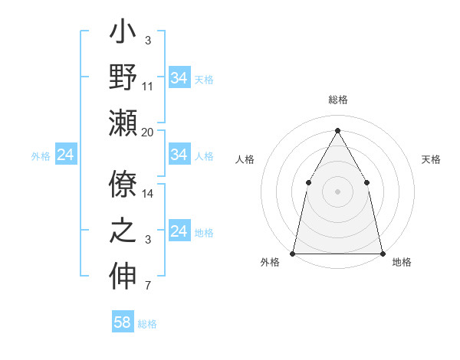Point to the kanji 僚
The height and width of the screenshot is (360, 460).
tap(123, 185)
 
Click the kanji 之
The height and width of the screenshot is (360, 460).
tap(123, 231)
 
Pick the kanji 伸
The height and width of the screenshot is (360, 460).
tap(123, 275)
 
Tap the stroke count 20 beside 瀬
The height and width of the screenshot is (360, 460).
tap(148, 132)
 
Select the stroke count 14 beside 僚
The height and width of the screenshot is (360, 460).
tap(148, 194)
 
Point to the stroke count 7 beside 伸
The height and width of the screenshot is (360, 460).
tap(148, 286)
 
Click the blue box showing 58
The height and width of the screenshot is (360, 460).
tap(123, 322)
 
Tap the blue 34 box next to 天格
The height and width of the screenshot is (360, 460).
tap(179, 78)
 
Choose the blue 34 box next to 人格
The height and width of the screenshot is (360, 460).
tap(179, 155)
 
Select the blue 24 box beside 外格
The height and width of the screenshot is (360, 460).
tap(66, 155)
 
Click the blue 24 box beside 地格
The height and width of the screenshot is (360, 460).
tap(179, 231)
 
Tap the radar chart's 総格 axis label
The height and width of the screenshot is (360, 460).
tap(337, 100)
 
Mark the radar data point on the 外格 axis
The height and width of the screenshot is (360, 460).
tap(293, 253)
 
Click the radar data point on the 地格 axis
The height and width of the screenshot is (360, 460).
tap(382, 253)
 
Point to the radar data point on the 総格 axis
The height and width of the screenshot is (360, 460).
tap(337, 129)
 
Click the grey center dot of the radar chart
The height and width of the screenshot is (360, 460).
tap(337, 191)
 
